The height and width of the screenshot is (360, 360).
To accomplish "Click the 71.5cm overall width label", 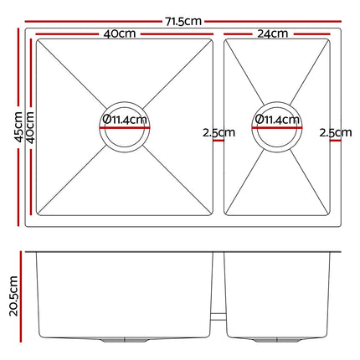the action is (183, 22).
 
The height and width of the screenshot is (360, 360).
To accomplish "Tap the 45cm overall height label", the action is (18, 126).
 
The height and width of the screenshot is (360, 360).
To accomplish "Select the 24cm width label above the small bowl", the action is (272, 33).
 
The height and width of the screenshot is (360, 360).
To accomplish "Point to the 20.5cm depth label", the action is (13, 296).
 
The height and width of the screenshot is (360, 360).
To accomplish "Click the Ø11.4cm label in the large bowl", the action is (125, 120).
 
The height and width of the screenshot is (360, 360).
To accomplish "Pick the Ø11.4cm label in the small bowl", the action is (277, 120).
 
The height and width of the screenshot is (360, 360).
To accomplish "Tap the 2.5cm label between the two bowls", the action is (219, 132).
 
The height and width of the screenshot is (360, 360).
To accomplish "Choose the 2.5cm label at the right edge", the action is (336, 132).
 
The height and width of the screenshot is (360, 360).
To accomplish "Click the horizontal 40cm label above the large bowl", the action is (120, 33).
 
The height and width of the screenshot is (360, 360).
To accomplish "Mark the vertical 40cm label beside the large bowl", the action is (30, 127).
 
